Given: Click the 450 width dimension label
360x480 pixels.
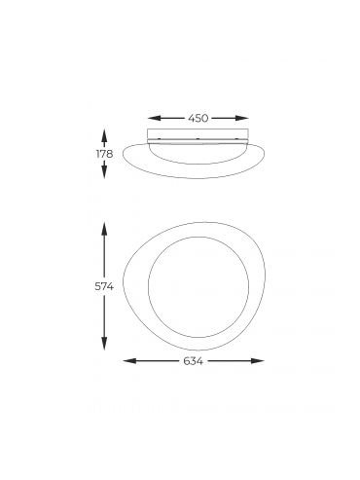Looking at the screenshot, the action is [x=198, y=119].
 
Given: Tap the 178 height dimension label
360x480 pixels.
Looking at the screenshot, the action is [x=104, y=154].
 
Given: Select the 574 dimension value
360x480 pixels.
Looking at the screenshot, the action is [x=104, y=286].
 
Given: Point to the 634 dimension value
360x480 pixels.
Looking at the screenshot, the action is [x=194, y=361].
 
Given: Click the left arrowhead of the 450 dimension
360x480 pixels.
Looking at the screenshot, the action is [x=154, y=119].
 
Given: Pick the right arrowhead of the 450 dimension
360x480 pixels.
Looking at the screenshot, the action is [x=242, y=119].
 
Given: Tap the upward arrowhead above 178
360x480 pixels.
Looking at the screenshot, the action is [x=104, y=135].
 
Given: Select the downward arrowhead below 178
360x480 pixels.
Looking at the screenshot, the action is [x=104, y=171].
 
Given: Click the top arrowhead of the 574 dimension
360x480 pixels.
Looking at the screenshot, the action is [x=104, y=229].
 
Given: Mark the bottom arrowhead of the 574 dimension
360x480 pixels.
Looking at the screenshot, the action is [x=104, y=344].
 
